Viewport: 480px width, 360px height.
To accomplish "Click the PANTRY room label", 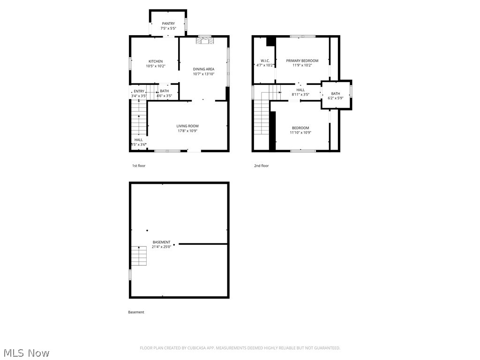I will (168, 23).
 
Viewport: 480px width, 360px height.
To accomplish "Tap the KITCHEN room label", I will (156, 61).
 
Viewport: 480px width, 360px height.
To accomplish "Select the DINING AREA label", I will (203, 69).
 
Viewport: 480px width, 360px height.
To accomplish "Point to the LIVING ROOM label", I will (187, 126).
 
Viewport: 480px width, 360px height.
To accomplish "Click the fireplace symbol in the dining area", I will (204, 41).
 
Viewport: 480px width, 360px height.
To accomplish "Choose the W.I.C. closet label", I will (265, 60).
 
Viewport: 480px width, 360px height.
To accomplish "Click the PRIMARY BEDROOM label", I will (302, 60).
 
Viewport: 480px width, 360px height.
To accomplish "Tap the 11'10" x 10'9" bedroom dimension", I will (300, 133).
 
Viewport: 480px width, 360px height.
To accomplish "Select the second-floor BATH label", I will (336, 94).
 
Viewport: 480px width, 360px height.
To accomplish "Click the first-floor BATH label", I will (164, 91).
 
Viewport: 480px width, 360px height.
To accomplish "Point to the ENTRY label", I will (139, 91).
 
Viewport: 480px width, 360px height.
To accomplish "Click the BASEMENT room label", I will (161, 242).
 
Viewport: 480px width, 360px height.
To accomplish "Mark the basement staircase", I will (139, 256).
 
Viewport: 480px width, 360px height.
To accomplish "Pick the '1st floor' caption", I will (139, 165).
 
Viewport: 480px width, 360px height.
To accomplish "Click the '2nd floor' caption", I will (262, 165).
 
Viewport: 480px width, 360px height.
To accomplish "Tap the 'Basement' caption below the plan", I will (136, 312).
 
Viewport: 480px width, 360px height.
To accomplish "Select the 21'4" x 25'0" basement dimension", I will (161, 247).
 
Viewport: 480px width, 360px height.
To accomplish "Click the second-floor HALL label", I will (300, 90).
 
